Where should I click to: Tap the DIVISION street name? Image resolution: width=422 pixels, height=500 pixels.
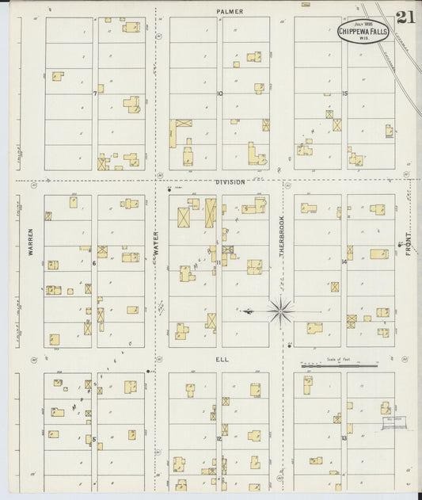[x=231, y=181]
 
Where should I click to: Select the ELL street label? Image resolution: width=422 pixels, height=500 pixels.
[x=222, y=359]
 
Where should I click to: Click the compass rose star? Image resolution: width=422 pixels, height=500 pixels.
[x=280, y=311]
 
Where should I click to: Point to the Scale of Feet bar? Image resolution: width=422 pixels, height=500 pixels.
[x=337, y=366]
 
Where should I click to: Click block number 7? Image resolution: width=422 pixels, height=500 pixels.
[x=94, y=94]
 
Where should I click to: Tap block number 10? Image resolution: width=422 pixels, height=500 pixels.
[x=220, y=94]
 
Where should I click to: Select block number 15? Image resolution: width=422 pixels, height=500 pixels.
[x=344, y=94]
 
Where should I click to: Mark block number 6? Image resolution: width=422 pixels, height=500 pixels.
[x=94, y=263]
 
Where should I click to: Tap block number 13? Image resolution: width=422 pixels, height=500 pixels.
[x=344, y=438]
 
